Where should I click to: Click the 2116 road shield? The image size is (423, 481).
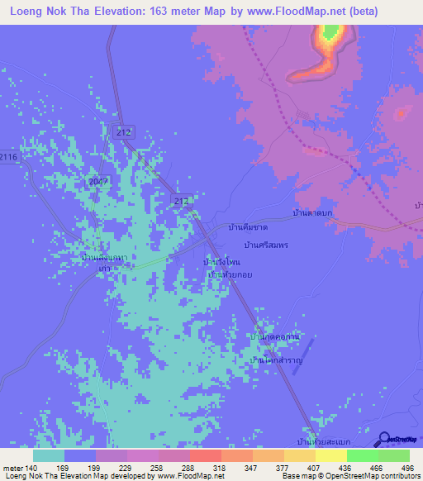(x=8, y=156)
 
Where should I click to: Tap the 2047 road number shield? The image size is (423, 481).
(x=97, y=179)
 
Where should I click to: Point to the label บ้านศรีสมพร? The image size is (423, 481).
(x=266, y=245)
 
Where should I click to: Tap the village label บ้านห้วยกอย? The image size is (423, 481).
(x=230, y=274)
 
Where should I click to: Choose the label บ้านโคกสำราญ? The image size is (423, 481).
(x=277, y=361)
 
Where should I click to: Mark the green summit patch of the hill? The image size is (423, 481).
(x=330, y=34)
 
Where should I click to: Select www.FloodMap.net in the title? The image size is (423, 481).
(x=292, y=12)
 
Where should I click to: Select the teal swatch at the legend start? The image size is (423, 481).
(x=49, y=455)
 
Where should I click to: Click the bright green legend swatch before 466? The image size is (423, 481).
(x=363, y=455)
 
